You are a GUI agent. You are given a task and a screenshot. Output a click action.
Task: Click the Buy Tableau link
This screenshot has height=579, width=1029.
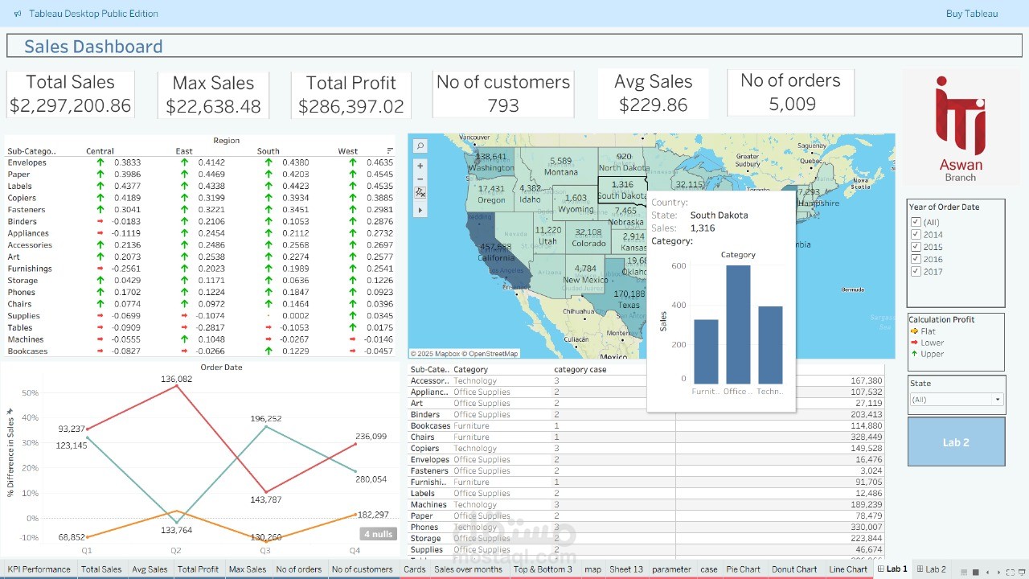[972, 14]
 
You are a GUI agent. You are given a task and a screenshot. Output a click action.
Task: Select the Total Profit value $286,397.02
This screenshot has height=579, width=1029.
[351, 106]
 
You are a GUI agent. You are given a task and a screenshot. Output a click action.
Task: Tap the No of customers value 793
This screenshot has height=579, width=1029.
[503, 105]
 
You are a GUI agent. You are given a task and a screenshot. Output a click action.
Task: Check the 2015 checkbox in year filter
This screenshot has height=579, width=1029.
[916, 247]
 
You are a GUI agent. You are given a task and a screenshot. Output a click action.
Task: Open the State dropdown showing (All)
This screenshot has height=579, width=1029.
[956, 400]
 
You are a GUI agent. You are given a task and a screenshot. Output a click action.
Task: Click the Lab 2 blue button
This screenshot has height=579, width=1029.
[956, 442]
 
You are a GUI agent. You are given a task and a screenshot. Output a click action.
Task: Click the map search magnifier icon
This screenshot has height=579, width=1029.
[420, 146]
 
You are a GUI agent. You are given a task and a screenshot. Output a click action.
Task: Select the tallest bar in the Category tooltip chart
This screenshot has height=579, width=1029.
[737, 325]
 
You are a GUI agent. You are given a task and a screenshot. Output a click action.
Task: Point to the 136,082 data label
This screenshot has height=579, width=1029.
[176, 379]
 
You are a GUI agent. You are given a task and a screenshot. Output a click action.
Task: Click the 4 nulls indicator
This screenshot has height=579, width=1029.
[378, 534]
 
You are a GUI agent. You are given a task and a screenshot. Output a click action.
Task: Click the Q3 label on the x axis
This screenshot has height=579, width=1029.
[264, 551]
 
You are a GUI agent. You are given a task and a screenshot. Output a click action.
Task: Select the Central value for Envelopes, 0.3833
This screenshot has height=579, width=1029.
[127, 162]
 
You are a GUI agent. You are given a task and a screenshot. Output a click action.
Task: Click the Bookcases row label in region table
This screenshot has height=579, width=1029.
[27, 351]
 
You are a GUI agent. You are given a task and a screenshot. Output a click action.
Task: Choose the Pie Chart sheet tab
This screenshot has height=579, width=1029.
[743, 569]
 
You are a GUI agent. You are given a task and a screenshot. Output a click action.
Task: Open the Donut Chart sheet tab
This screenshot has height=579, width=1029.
[794, 569]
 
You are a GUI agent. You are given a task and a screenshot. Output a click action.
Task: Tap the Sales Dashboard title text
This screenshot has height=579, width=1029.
[93, 47]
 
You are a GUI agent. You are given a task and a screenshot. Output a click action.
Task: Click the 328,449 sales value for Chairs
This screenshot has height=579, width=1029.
[865, 437]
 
